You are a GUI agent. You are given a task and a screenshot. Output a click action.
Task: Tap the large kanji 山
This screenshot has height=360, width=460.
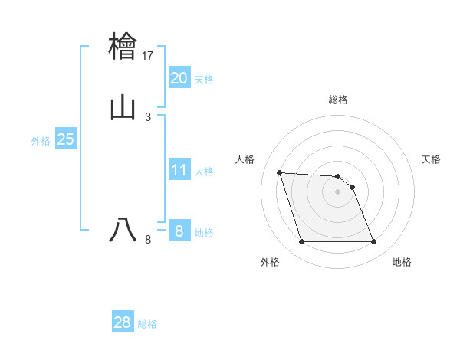click(123, 107)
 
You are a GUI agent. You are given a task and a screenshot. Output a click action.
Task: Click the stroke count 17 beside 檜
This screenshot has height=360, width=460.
click(148, 56)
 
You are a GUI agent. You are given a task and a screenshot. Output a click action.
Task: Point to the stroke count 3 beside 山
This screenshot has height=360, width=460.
click(148, 116)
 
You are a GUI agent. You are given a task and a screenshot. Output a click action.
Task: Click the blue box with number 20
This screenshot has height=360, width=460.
click(179, 78)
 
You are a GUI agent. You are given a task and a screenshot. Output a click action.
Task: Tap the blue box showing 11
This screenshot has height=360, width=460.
click(179, 170)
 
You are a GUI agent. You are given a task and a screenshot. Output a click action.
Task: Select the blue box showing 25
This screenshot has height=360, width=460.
click(65, 139)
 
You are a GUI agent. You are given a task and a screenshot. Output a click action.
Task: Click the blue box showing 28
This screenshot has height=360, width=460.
click(123, 322)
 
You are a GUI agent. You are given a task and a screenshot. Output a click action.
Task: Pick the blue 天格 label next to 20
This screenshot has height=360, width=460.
click(204, 80)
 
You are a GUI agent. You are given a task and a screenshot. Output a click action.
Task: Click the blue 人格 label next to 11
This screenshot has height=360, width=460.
click(204, 172)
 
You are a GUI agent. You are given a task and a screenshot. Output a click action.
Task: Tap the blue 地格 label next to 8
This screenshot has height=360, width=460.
click(204, 233)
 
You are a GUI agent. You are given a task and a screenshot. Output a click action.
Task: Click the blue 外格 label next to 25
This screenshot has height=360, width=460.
click(41, 141)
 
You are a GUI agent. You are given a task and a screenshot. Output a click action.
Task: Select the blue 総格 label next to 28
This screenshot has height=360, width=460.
click(147, 324)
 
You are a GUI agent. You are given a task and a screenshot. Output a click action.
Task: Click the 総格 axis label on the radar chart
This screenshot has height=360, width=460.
click(338, 100)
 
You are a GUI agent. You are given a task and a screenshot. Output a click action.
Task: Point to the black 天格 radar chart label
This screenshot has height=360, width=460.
click(432, 159)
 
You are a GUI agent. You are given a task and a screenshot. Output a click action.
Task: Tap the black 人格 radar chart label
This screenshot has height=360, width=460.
click(245, 159)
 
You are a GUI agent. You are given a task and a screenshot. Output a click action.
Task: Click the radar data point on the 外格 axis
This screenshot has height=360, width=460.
click(301, 242)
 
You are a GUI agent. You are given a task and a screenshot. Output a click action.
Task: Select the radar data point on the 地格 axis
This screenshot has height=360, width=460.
click(374, 242)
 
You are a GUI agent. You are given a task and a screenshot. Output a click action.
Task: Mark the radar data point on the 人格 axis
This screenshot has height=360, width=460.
click(280, 173)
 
